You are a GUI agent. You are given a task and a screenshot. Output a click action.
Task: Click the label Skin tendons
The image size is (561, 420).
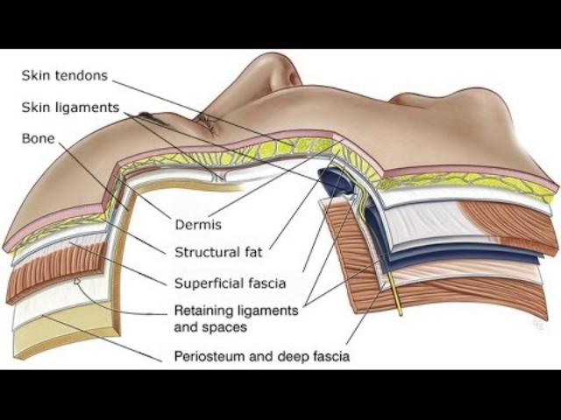click(65, 75)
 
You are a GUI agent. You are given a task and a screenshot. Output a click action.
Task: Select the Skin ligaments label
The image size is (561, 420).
click(70, 107)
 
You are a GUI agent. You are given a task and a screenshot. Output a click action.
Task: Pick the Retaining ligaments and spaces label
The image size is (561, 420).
click(236, 318)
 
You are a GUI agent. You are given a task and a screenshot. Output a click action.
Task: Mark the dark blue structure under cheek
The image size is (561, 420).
click(337, 179)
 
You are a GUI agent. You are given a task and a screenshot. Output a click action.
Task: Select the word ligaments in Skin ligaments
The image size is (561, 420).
click(86, 107)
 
